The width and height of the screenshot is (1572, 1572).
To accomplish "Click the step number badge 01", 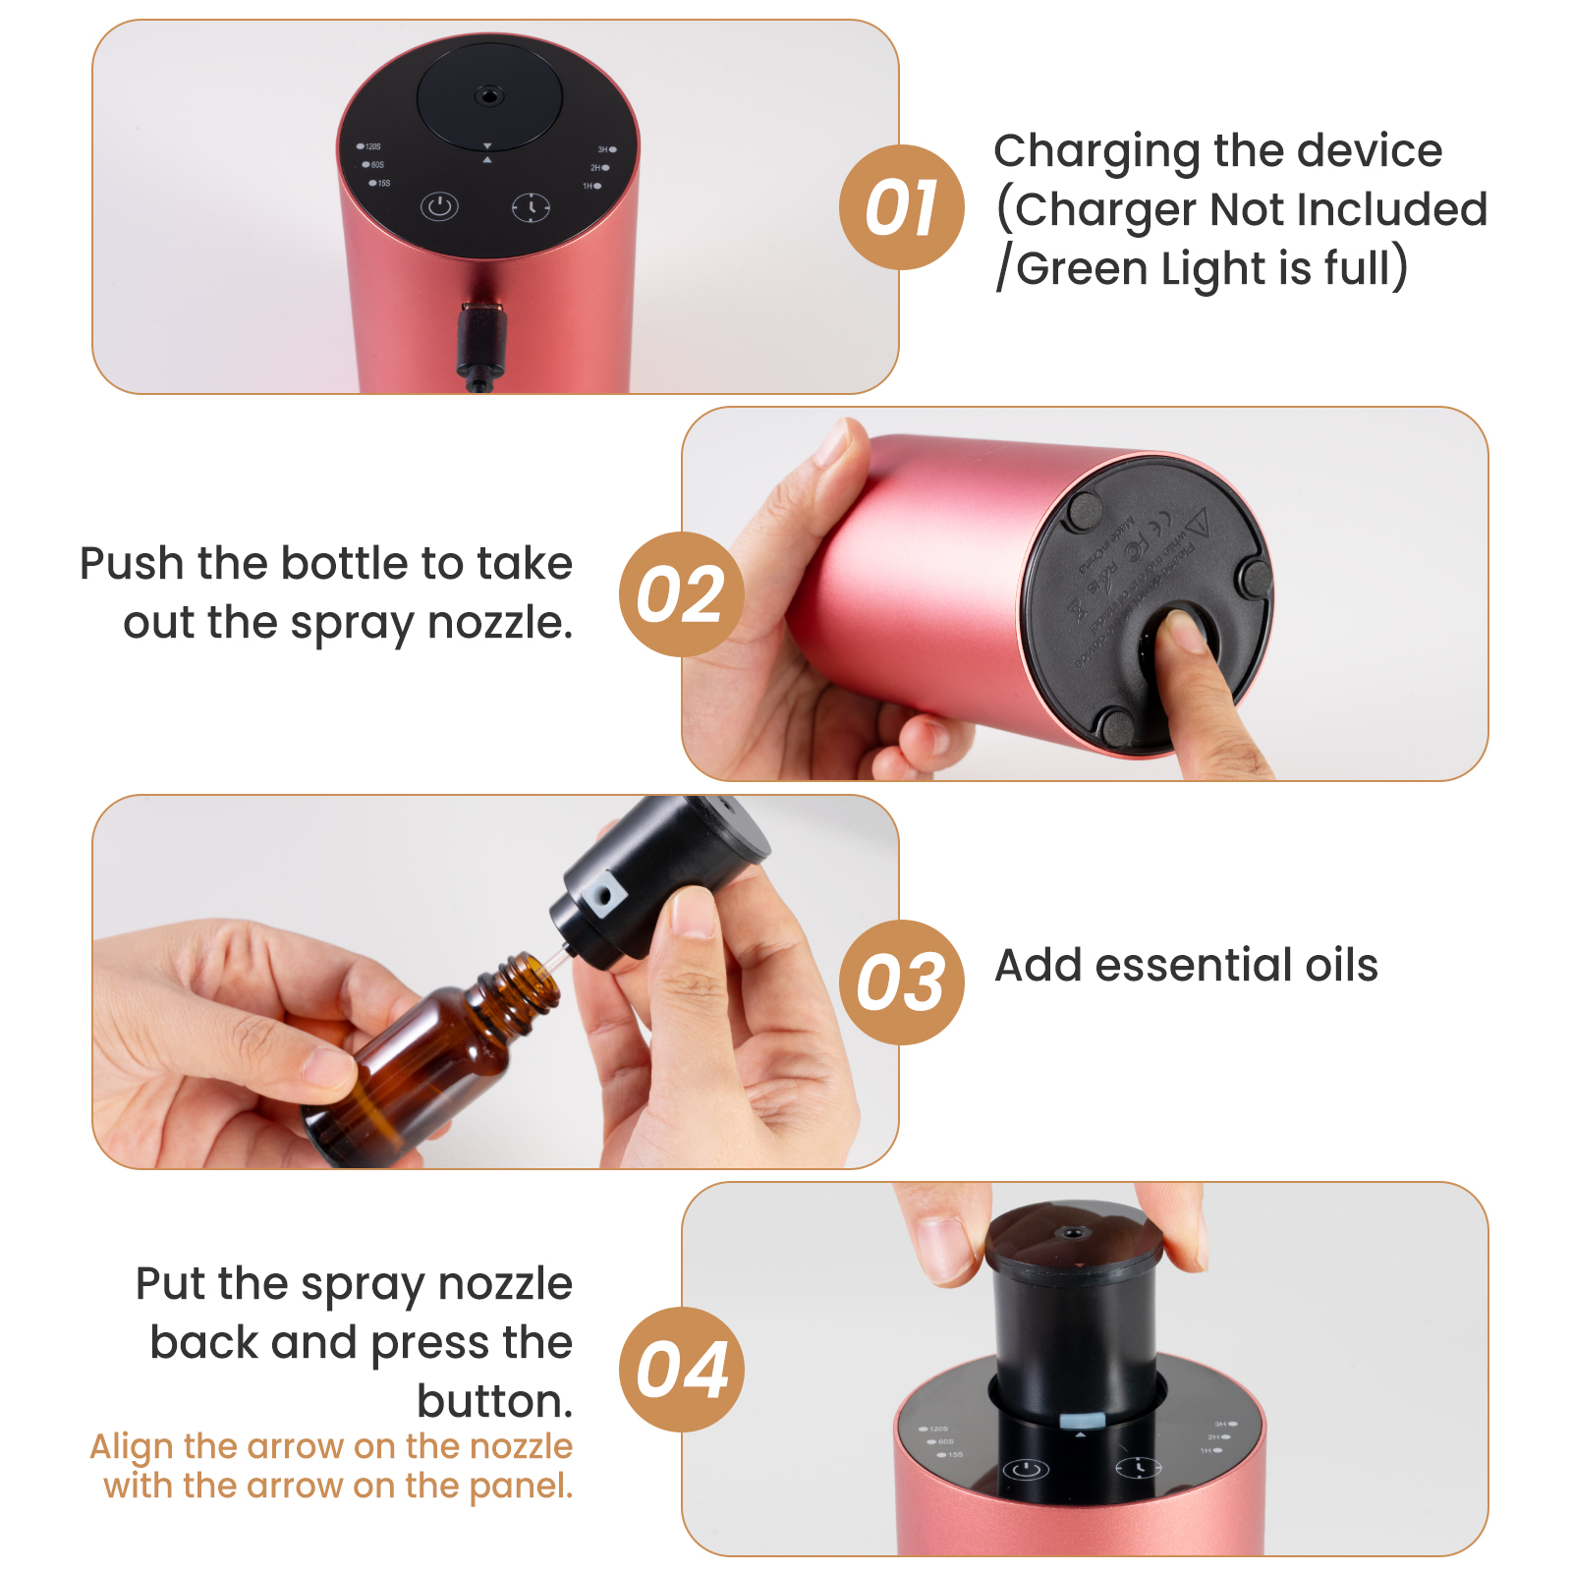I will [x=901, y=207].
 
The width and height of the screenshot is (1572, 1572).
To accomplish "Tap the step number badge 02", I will [x=681, y=594].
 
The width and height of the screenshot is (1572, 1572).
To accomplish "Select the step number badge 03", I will [x=901, y=982].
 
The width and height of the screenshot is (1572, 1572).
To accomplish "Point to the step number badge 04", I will [x=681, y=1369].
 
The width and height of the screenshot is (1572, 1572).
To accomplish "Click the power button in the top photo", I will [x=439, y=207].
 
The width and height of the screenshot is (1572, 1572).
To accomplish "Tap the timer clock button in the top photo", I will [x=531, y=207].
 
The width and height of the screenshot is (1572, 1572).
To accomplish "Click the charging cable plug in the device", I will [x=481, y=339].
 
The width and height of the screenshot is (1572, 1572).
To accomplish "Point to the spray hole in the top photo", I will [x=488, y=96].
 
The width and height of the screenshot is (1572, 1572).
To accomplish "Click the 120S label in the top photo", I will [x=371, y=146].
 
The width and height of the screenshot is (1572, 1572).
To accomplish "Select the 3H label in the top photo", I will [x=604, y=149].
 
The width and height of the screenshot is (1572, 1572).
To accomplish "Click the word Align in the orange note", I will [x=131, y=1446].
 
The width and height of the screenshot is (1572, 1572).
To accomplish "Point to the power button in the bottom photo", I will [x=1025, y=1470].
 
